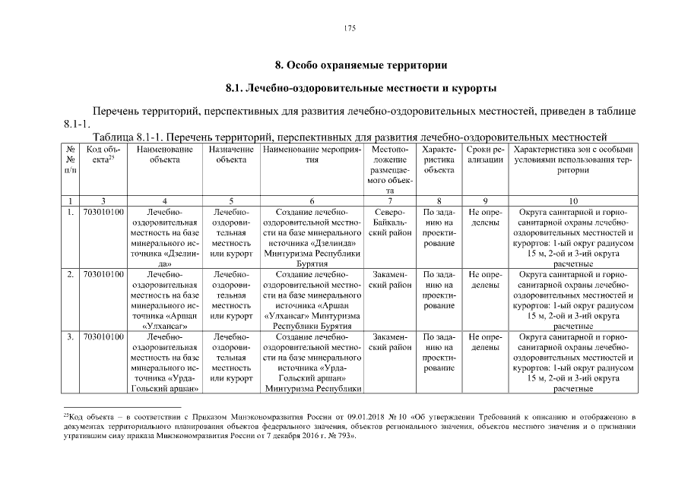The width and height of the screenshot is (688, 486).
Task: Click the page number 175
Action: pos(350,28)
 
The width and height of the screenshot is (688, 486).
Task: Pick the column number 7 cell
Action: pos(390,200)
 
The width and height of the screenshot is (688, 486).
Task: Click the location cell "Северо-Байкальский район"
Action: pos(390,222)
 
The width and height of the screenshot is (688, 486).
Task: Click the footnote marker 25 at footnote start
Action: pos(66,415)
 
